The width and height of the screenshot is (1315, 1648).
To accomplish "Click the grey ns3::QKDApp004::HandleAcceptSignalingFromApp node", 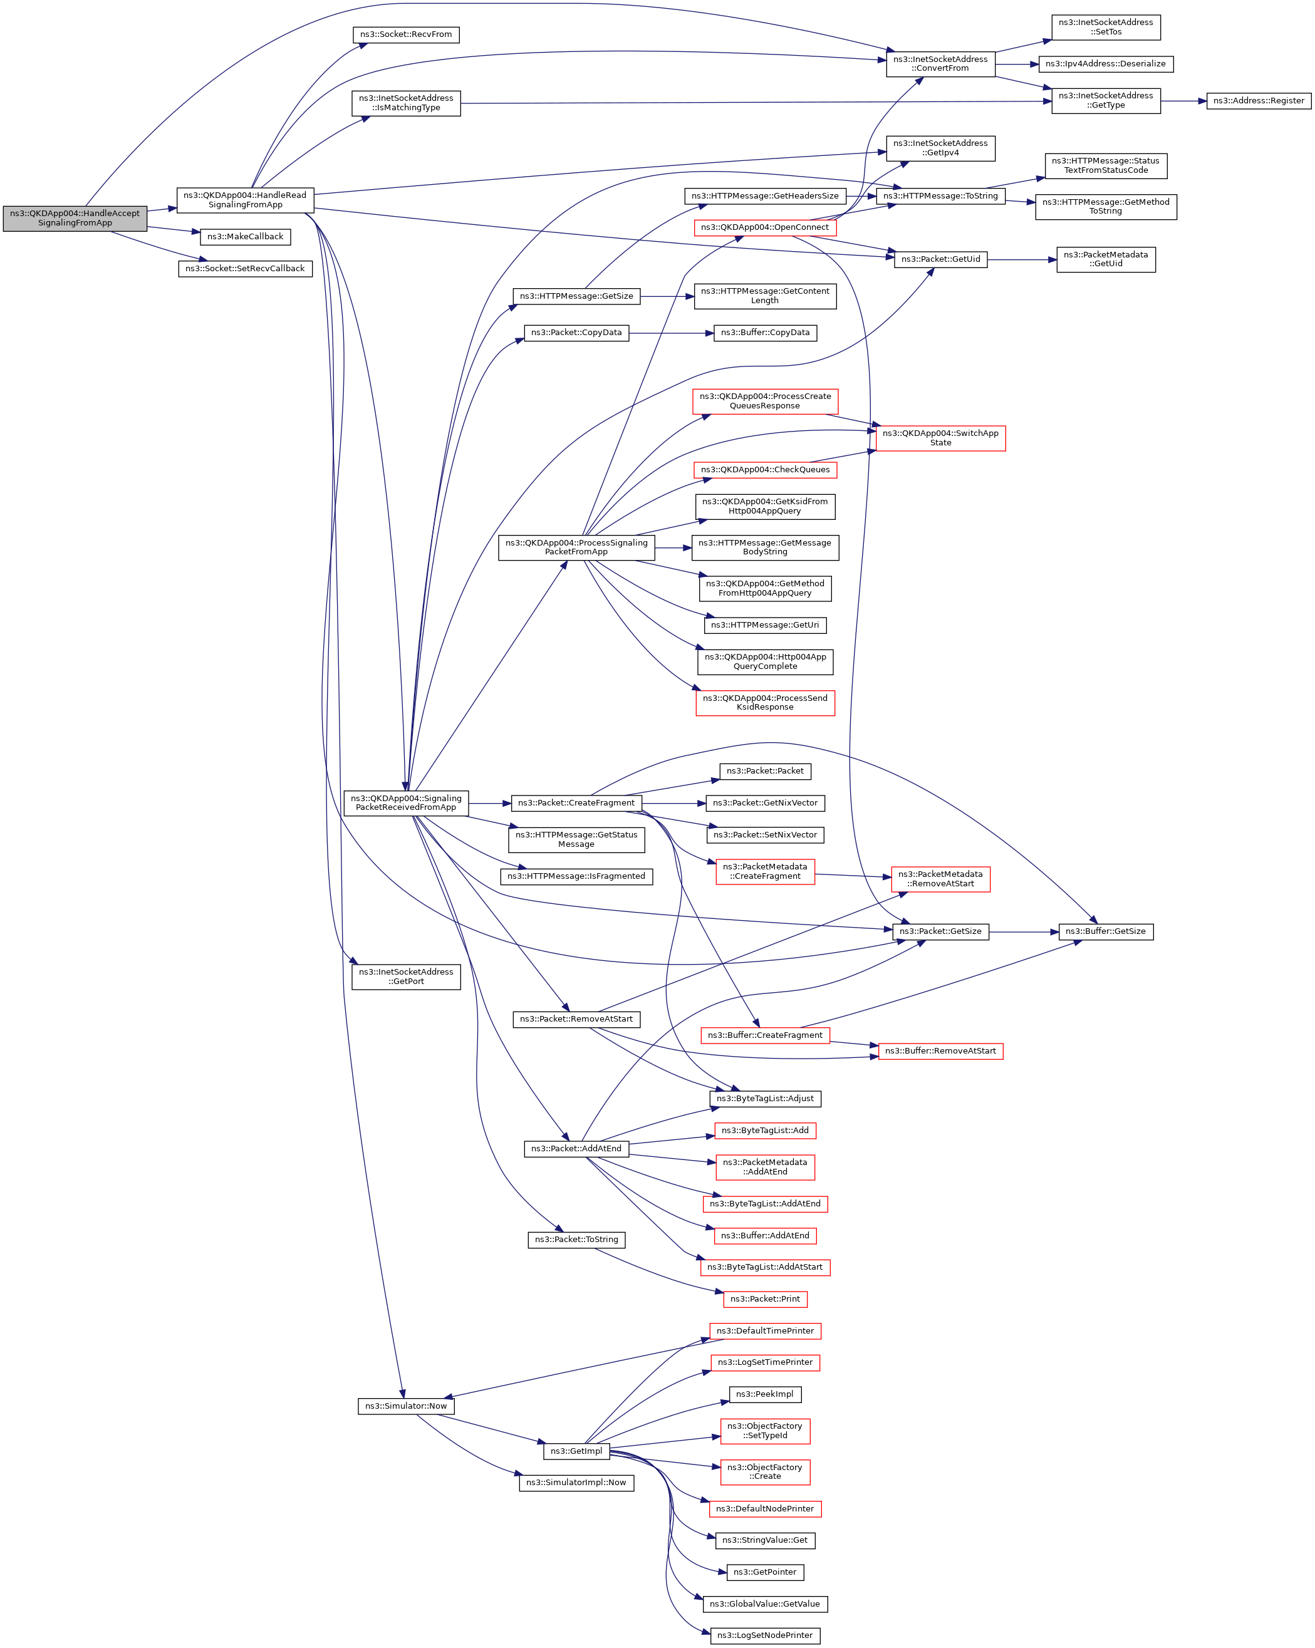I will (75, 219).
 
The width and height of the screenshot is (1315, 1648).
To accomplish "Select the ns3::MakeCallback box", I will (245, 237).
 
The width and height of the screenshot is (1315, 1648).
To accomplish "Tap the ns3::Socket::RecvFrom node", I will (405, 34).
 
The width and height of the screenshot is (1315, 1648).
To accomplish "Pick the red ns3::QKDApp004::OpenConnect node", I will (764, 228).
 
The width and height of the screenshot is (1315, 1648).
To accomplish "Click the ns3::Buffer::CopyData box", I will (764, 333).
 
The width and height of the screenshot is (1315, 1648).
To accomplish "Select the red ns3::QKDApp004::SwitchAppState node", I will (940, 438).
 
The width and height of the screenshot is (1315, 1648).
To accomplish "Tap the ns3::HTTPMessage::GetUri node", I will (764, 625).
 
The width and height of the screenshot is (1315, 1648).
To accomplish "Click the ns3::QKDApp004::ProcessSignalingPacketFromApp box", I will (576, 547).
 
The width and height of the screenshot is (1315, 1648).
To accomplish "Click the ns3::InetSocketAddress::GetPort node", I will (405, 977).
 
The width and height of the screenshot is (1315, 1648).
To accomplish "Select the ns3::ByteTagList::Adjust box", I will (764, 1099).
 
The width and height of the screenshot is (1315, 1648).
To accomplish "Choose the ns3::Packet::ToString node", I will (576, 1240).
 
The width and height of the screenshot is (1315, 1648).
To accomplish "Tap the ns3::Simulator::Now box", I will (405, 1406).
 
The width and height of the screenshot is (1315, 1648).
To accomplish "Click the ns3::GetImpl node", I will (576, 1451).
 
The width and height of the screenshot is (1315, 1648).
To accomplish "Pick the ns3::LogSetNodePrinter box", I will (764, 1635).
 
